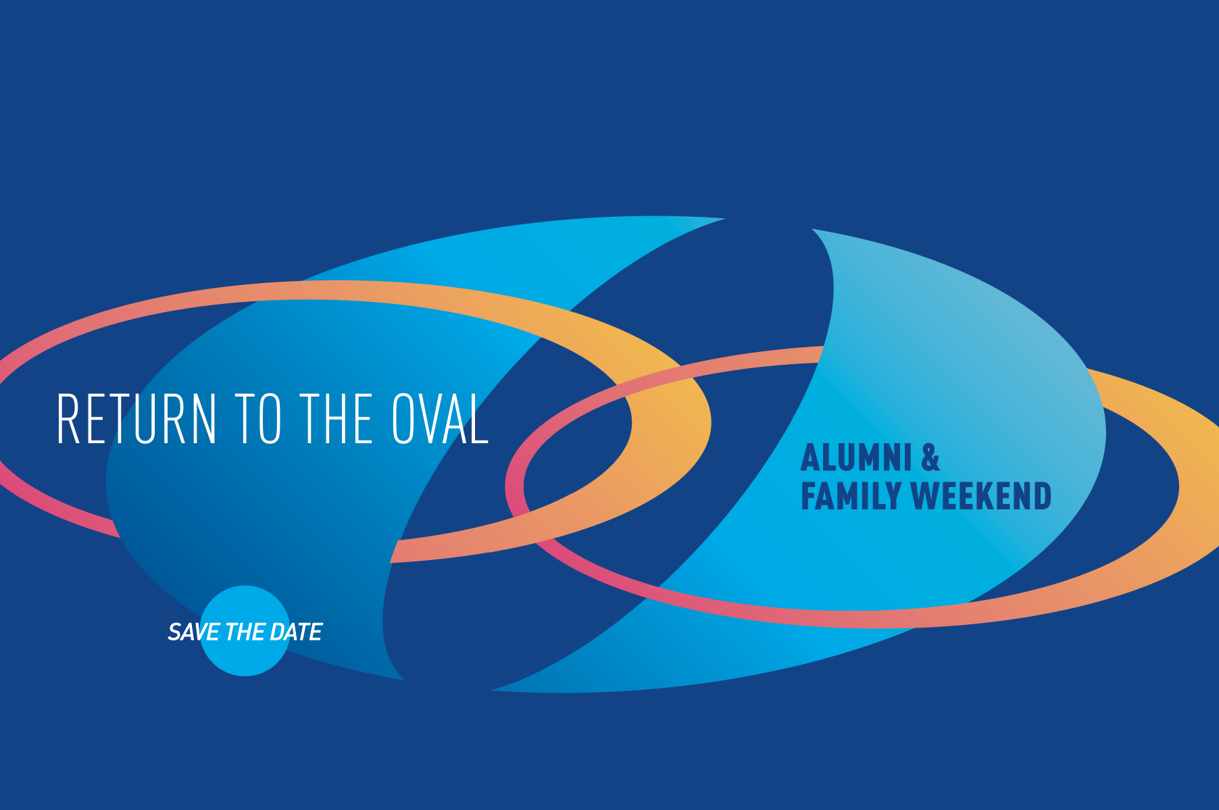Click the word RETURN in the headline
(137, 419)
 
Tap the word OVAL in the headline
(440, 419)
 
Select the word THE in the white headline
(336, 419)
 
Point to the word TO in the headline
(257, 419)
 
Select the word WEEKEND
(981, 496)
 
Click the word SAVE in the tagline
(194, 632)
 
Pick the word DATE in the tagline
(296, 632)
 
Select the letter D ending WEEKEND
(1042, 496)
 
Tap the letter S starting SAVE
(174, 632)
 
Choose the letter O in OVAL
(403, 419)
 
